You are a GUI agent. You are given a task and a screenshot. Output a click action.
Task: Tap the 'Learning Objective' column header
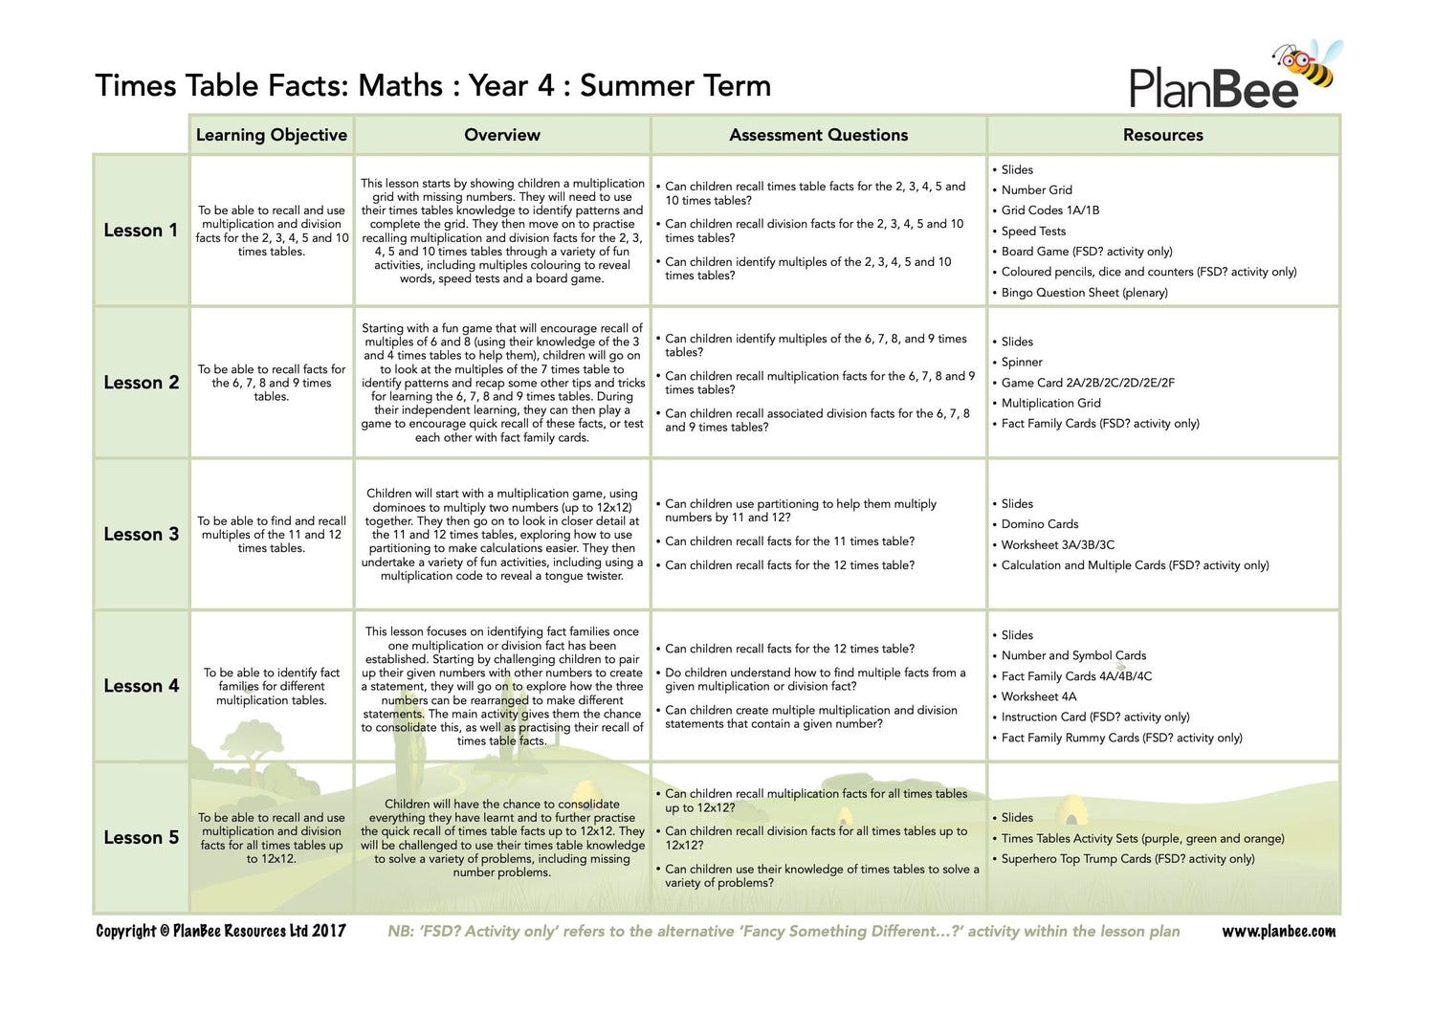click(272, 135)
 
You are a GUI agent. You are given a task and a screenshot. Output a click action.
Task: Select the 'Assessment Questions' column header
click(818, 135)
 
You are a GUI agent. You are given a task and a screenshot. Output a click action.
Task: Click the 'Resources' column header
click(1162, 135)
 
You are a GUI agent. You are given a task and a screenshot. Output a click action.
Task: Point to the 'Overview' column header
click(502, 135)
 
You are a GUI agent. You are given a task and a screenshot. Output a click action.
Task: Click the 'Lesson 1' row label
click(141, 231)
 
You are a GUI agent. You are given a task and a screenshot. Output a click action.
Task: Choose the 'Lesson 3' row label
click(141, 535)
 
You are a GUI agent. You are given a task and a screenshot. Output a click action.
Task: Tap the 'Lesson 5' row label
click(141, 838)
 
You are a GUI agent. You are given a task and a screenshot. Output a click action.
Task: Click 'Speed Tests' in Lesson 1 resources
click(1033, 232)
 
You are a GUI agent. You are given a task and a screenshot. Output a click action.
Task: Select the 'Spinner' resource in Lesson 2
click(1022, 363)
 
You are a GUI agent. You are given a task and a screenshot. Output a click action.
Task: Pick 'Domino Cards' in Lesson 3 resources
click(1040, 524)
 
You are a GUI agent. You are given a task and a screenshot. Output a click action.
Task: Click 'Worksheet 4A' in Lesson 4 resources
click(1039, 696)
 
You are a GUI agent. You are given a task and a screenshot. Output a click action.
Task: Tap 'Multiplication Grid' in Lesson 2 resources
click(1050, 404)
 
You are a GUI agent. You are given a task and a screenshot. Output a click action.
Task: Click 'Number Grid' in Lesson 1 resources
click(1037, 190)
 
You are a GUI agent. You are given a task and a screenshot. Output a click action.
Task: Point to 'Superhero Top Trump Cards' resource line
click(1127, 859)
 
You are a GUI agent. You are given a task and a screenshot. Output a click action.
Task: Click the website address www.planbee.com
click(1279, 932)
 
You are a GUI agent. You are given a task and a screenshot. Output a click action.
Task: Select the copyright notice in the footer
click(221, 932)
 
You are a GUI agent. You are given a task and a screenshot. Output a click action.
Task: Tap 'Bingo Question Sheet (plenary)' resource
click(1084, 293)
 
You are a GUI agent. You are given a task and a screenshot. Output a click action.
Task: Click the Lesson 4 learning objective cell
click(272, 687)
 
